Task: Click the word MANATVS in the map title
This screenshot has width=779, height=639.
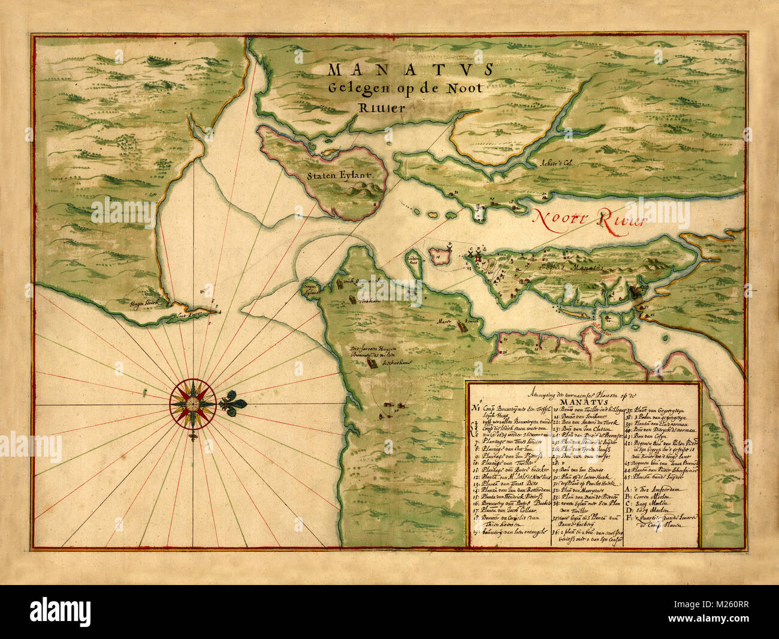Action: coord(410,69)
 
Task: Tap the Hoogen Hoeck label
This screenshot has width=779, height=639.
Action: coord(141,304)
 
